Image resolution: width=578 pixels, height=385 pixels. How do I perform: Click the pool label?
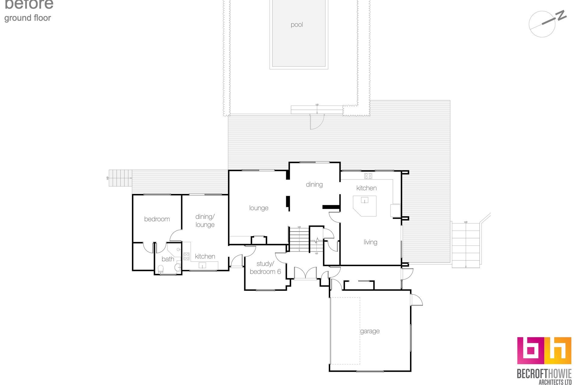tap(297, 25)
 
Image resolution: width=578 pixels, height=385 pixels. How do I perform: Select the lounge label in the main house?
tap(259, 208)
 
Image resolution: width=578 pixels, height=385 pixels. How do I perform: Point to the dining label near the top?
tap(314, 184)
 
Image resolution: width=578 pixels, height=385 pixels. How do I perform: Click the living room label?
tap(370, 242)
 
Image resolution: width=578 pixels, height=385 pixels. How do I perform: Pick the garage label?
tap(370, 331)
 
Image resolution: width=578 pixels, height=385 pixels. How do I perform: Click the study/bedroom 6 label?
tap(265, 268)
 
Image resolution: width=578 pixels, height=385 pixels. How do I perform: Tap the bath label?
tap(168, 259)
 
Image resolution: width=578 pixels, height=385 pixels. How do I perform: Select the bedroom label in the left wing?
tap(157, 219)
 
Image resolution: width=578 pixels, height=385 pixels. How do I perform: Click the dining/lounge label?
tap(205, 220)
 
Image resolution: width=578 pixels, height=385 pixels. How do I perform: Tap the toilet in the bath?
tap(160, 269)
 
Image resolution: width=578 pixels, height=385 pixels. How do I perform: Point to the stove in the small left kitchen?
tap(186, 256)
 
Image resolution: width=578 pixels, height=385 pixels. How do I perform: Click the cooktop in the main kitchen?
tap(368, 176)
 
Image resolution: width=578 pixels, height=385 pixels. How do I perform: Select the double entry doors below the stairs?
tap(305, 273)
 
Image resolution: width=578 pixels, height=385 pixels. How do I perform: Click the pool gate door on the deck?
tap(316, 122)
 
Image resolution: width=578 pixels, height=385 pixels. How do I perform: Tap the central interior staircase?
tap(299, 239)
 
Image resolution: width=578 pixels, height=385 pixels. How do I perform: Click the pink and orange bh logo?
tap(544, 350)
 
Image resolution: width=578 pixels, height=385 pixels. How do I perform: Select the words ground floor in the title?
tap(28, 18)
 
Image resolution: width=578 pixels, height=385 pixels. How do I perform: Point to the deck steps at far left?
tap(120, 178)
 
